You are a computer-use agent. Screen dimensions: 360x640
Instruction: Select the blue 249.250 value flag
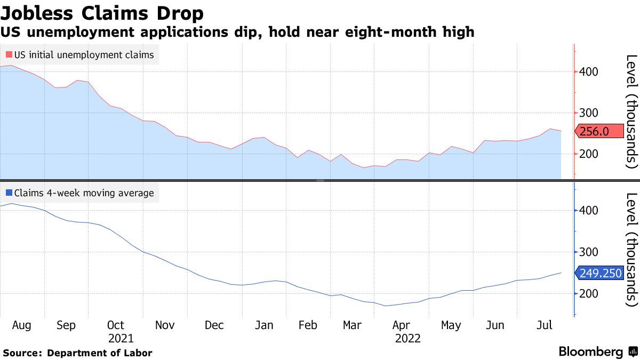point(600,273)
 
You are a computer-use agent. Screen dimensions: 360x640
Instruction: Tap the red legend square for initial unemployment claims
point(9,54)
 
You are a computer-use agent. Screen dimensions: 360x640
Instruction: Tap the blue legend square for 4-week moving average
point(9,193)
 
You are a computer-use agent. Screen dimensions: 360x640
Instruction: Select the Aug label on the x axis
point(21,325)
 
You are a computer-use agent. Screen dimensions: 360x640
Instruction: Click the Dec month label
point(214,325)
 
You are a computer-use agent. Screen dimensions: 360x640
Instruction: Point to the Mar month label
point(352,325)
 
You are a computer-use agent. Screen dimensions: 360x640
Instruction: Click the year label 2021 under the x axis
point(121,339)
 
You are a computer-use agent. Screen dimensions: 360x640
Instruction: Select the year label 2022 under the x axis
point(408,339)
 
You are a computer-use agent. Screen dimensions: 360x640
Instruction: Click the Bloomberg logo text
point(590,351)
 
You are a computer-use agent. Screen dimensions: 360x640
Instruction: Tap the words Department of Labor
point(99,353)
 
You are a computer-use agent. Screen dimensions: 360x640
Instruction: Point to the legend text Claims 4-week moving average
point(84,193)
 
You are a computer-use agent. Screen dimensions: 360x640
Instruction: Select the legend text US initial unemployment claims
point(84,54)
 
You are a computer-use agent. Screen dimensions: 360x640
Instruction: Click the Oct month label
point(115,325)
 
